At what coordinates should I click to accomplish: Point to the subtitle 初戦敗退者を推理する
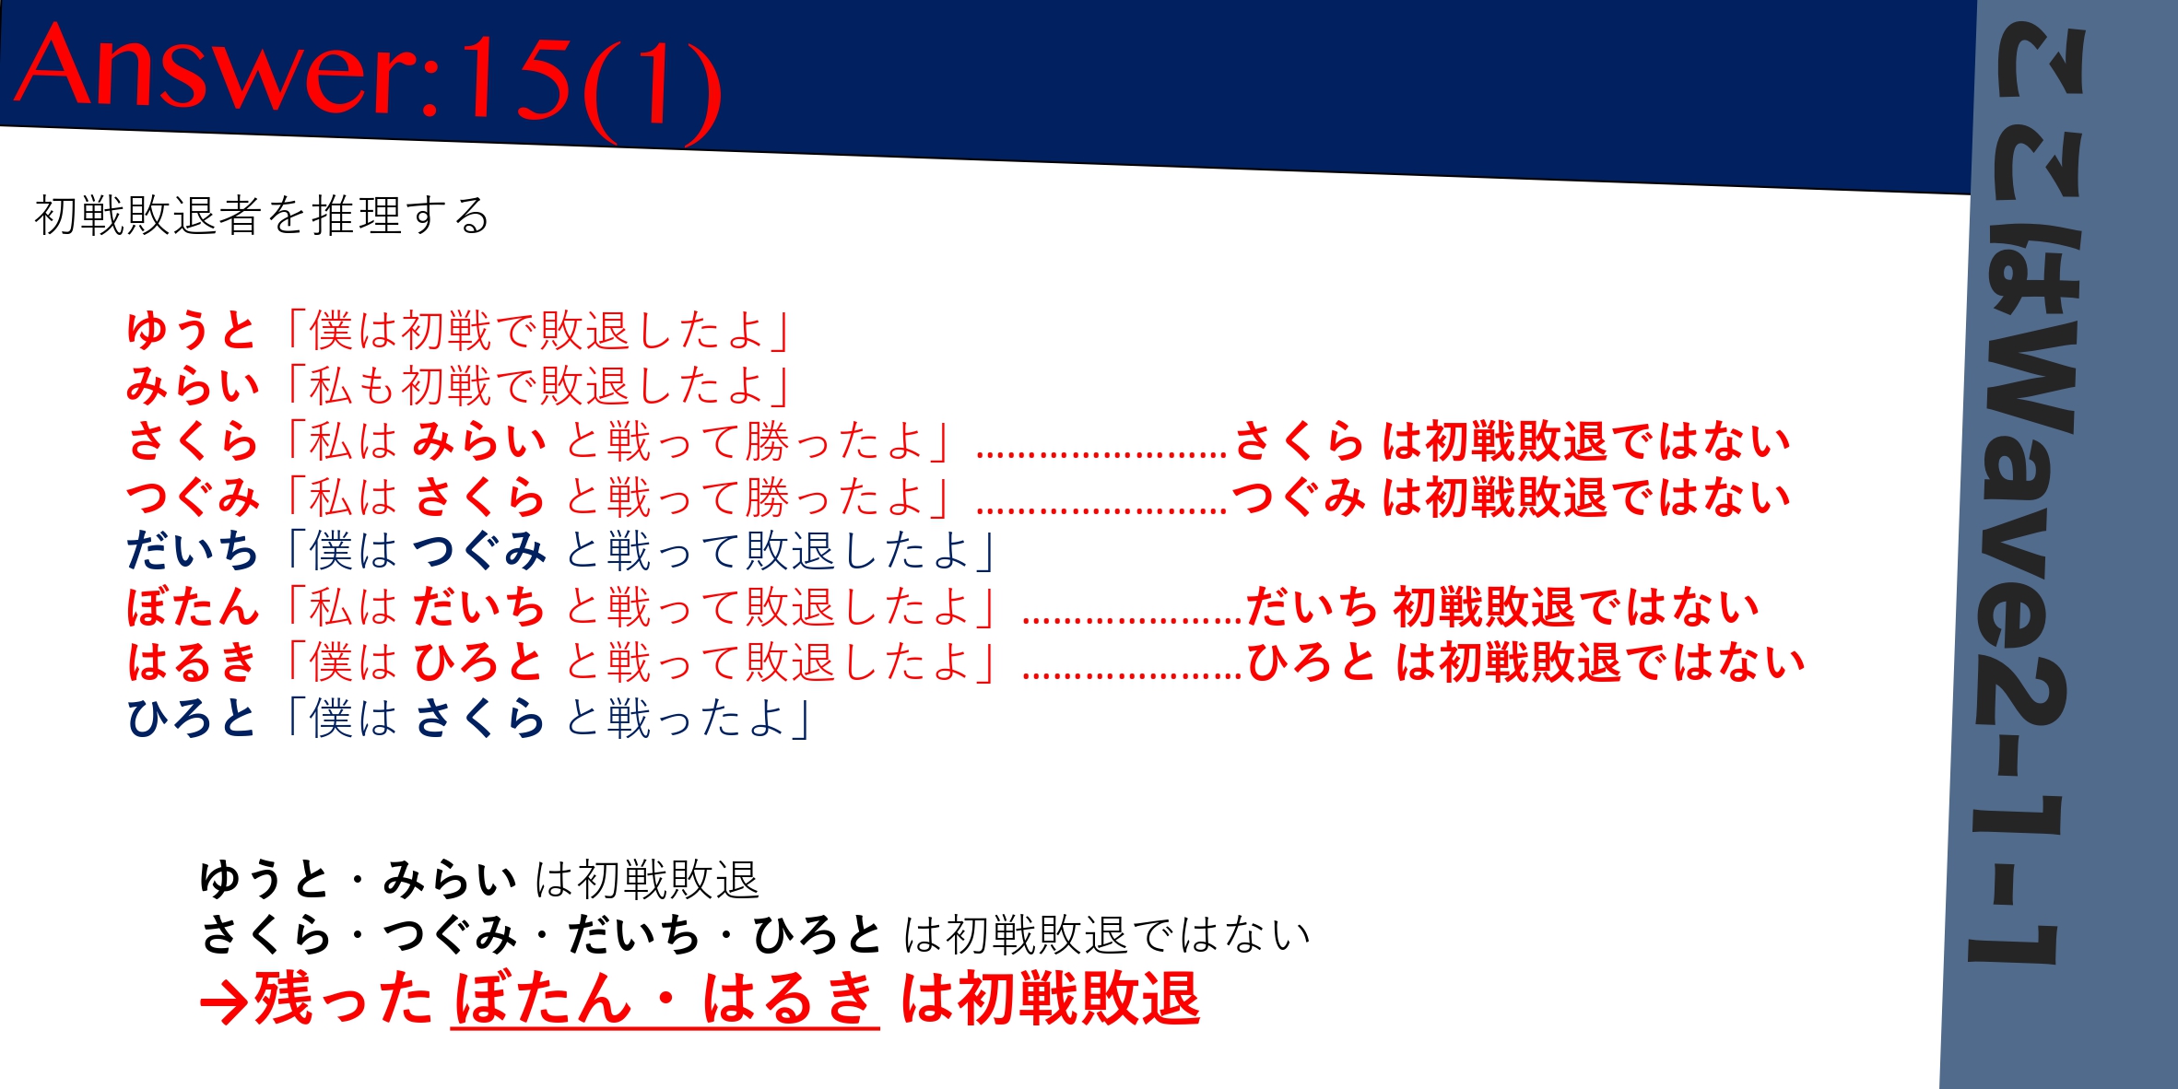(x=262, y=216)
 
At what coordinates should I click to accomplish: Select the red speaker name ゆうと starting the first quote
(x=191, y=330)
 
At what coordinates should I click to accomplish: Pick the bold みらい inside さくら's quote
(x=479, y=440)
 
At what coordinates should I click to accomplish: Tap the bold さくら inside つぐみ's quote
(x=479, y=496)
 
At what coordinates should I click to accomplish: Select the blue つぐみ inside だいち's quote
(x=479, y=551)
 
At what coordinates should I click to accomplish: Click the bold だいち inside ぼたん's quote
(x=479, y=606)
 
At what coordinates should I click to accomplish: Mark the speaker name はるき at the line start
(x=191, y=662)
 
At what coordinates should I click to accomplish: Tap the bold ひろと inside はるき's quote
(x=478, y=662)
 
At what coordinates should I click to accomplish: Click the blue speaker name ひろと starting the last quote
(x=191, y=717)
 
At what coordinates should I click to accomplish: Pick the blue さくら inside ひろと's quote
(x=479, y=717)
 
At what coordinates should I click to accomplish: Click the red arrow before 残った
(x=224, y=1002)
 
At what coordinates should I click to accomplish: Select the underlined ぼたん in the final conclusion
(x=542, y=999)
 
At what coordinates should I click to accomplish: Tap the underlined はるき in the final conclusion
(x=789, y=999)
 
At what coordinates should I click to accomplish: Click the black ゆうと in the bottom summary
(x=265, y=879)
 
